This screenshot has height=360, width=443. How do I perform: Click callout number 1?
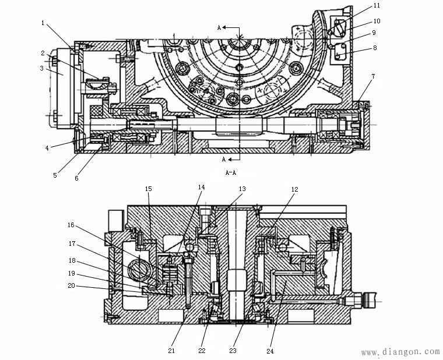coord(43,23)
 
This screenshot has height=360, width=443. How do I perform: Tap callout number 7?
coord(372,77)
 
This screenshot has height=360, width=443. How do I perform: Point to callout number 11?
coord(377,5)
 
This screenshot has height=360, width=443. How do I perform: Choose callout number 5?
coord(55,175)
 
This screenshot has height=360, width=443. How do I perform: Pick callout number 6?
coord(76,179)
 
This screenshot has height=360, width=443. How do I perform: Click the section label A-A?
coord(230,172)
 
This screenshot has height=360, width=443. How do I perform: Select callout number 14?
coord(202,188)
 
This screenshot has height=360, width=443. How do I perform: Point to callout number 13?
coord(242,189)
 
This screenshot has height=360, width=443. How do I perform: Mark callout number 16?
coord(71,225)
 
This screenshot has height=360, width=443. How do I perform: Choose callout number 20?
coord(71,285)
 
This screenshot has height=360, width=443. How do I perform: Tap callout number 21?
coord(171,350)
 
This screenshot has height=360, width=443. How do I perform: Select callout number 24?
coord(270,350)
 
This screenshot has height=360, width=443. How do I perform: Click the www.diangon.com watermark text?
coord(400,352)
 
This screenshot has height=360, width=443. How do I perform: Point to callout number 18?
coord(71,260)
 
